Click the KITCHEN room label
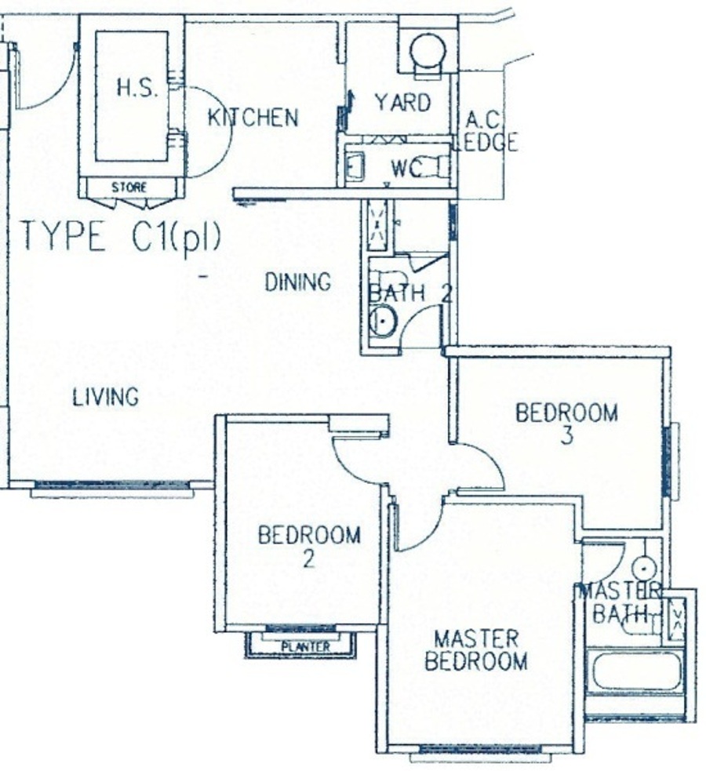click(x=253, y=118)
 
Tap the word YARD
click(x=402, y=103)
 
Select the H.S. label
click(x=137, y=89)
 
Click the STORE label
click(x=129, y=187)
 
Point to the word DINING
click(x=298, y=282)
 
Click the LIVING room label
click(x=106, y=397)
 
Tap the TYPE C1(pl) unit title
click(x=121, y=238)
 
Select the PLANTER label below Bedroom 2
click(x=305, y=646)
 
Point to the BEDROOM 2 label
click(x=309, y=546)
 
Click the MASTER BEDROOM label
click(x=476, y=650)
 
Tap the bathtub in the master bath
click(x=636, y=671)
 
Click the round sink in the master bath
click(x=644, y=569)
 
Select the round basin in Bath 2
click(x=383, y=322)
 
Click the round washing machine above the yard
click(x=428, y=51)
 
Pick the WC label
click(x=406, y=169)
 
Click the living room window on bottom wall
click(x=112, y=485)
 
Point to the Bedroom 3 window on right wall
click(x=667, y=462)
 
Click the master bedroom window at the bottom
click(x=480, y=750)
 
